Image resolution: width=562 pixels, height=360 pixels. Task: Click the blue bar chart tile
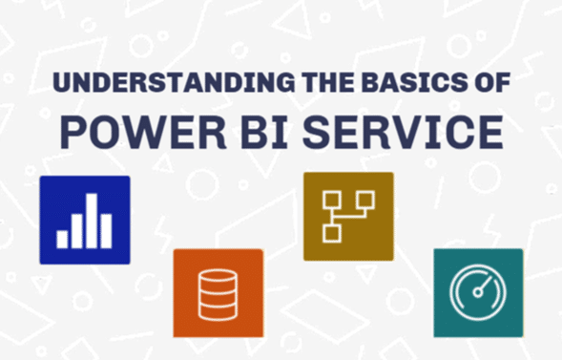84,220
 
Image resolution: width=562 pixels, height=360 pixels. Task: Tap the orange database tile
218,292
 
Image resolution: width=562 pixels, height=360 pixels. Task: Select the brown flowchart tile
348,216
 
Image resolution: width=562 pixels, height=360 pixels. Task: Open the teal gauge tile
478,292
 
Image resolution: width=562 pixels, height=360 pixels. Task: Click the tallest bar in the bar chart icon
93,221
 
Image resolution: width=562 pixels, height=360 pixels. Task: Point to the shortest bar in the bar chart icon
63,240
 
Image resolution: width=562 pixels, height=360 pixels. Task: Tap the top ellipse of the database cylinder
218,276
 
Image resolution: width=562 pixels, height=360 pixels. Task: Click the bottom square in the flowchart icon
332,232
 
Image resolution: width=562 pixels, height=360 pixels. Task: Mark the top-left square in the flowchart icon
332,200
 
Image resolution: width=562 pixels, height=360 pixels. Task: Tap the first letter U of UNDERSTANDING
60,83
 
